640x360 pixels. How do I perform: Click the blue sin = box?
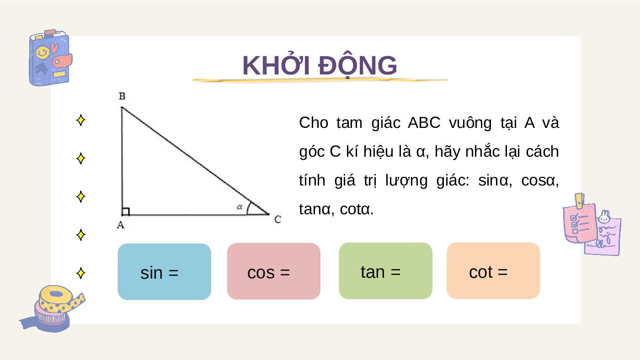164,271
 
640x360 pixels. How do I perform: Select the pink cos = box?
274,271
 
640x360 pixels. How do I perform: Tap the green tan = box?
385,271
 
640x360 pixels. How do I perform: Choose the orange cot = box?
493,270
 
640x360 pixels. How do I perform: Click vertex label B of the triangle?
122,96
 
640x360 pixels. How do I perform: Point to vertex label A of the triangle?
121,225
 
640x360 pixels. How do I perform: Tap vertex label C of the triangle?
278,219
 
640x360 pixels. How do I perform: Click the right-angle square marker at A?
126,211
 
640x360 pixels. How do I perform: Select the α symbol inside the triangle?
240,206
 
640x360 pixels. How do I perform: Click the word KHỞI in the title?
276,65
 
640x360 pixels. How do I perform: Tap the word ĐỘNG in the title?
357,65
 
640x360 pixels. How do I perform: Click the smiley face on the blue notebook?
43,53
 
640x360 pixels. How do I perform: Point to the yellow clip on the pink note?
580,201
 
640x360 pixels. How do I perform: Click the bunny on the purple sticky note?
604,217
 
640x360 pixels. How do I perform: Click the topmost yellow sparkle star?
81,120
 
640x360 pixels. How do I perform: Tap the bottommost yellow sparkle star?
81,273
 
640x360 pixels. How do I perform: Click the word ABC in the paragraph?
424,123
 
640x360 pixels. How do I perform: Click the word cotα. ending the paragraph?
357,209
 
